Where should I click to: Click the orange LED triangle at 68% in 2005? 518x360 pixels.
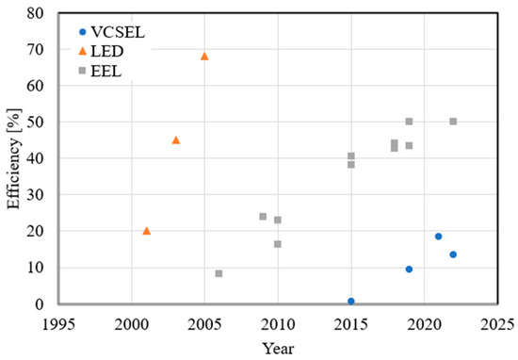tap(204, 57)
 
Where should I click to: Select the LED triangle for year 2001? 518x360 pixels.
tap(146, 231)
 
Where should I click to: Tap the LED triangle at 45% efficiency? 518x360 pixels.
tap(175, 139)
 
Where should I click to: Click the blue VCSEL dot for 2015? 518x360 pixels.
tap(351, 302)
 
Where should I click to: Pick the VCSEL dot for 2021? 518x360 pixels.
tap(439, 237)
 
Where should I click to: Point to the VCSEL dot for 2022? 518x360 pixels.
tap(453, 254)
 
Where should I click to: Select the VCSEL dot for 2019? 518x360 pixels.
tap(409, 270)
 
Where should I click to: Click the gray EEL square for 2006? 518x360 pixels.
tap(219, 273)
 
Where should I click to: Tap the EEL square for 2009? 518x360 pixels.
tap(263, 217)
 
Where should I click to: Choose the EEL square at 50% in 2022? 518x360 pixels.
tap(453, 122)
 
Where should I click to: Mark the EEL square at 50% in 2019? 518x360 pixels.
tap(409, 122)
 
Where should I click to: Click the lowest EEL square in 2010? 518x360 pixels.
tap(278, 244)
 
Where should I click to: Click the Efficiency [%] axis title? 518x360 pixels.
tap(12, 158)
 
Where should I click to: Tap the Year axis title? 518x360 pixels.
tap(277, 348)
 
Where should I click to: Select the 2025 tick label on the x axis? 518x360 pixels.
tap(497, 323)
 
